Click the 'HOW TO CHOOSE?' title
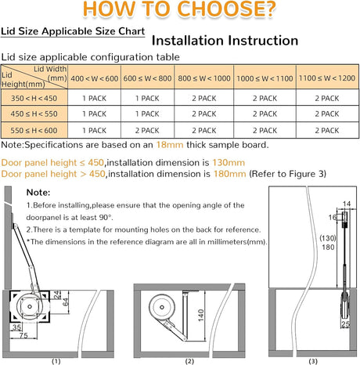[x=179, y=10]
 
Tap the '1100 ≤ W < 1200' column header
[x=326, y=78]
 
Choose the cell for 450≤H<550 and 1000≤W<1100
[x=267, y=115]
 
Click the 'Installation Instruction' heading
[x=224, y=41]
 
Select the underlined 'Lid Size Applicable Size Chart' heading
[x=72, y=32]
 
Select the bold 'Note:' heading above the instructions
[x=38, y=192]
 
